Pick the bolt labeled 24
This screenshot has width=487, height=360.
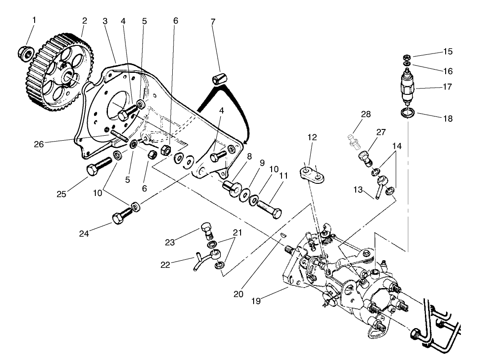(120, 218)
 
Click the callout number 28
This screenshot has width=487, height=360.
(366, 114)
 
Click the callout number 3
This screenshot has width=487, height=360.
(105, 21)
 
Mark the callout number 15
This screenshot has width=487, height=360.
(447, 51)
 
